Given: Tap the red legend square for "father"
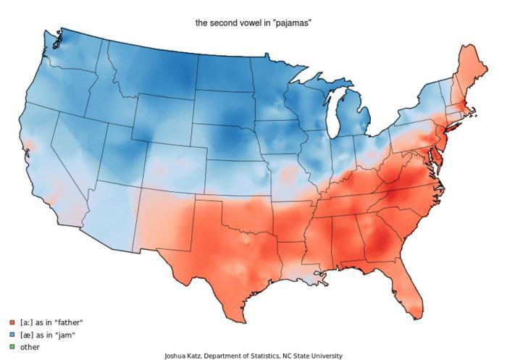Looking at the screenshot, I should point(12,322).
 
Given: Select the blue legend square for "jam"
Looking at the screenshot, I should point(12,335).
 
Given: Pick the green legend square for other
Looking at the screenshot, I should point(12,348).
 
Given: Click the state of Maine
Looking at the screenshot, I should point(463,72).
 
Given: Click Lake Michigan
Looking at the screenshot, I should point(334,116).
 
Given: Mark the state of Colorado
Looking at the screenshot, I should point(174,163).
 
